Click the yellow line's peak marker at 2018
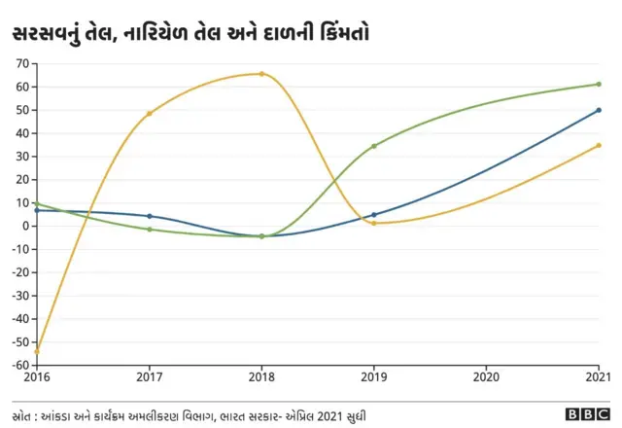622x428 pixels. [261, 74]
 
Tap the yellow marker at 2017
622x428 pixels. [150, 114]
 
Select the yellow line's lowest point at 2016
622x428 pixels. [37, 351]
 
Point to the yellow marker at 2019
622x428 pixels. [374, 224]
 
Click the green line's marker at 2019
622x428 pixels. [374, 146]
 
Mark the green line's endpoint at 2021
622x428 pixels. [599, 85]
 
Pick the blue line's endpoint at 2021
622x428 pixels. [599, 110]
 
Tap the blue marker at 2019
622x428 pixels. [374, 215]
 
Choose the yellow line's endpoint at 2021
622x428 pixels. [599, 145]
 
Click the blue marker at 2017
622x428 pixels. [150, 216]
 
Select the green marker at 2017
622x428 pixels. [150, 230]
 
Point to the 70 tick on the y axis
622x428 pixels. [20, 63]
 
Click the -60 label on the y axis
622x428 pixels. [17, 365]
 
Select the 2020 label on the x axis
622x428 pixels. [486, 376]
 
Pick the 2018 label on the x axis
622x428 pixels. [261, 376]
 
